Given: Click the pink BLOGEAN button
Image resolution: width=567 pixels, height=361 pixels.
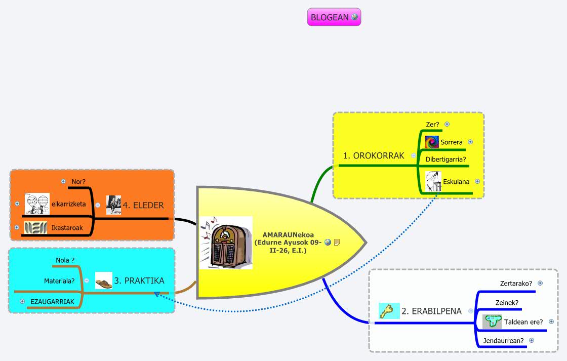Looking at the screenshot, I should (330, 17).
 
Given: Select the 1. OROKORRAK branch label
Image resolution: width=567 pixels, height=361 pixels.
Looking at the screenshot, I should (374, 155).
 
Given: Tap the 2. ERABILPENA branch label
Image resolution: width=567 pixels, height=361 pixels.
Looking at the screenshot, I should (431, 311).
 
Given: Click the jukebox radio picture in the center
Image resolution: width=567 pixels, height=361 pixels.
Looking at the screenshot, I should (226, 243).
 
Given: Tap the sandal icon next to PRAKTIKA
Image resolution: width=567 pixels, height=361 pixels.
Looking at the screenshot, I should (104, 281).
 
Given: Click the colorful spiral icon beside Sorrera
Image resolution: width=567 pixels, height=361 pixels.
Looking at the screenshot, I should (432, 142).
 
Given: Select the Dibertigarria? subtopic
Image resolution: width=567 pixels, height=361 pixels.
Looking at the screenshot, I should (445, 159).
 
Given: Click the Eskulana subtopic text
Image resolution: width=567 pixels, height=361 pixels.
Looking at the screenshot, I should (456, 181).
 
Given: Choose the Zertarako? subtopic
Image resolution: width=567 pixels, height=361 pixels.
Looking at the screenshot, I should (516, 284).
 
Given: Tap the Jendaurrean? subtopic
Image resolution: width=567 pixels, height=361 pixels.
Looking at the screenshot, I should (503, 340).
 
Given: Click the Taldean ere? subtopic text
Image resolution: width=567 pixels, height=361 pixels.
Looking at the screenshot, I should (523, 322).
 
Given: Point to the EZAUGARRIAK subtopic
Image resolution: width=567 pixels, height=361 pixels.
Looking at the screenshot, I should (52, 301).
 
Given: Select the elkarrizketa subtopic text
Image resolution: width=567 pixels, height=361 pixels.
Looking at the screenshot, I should (68, 204).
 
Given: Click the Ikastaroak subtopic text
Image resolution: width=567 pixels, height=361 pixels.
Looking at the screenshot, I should (67, 228).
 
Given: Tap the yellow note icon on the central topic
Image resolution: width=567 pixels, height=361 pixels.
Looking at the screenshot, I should (337, 242).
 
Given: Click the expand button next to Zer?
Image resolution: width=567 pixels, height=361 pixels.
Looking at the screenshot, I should (447, 124).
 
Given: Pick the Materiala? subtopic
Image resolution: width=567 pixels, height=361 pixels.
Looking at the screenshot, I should (59, 280).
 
